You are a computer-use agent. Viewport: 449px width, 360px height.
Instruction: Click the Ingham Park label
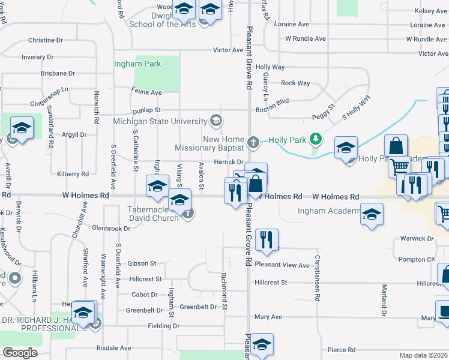click(x=138, y=64)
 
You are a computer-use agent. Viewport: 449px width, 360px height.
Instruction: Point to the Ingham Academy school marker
click(x=372, y=214)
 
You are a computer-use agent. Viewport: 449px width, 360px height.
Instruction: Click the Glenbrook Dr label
click(x=111, y=229)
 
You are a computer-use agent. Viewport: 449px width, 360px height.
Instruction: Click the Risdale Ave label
click(x=113, y=348)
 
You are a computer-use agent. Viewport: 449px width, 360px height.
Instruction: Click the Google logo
click(x=20, y=353)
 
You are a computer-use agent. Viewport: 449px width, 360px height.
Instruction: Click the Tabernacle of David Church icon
click(x=188, y=213)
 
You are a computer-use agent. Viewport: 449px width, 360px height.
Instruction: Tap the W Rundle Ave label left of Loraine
click(x=306, y=38)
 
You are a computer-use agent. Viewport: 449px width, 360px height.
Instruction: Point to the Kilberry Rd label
click(x=73, y=174)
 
